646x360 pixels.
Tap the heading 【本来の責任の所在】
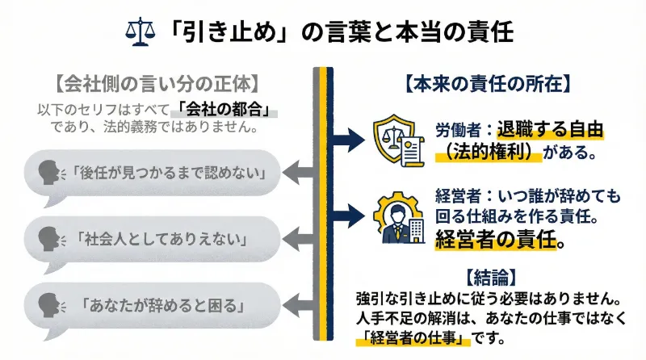coord(489,82)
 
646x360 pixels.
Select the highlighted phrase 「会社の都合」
coord(225,109)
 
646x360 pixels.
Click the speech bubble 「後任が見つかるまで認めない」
coord(153,171)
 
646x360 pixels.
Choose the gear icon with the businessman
coord(397,216)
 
